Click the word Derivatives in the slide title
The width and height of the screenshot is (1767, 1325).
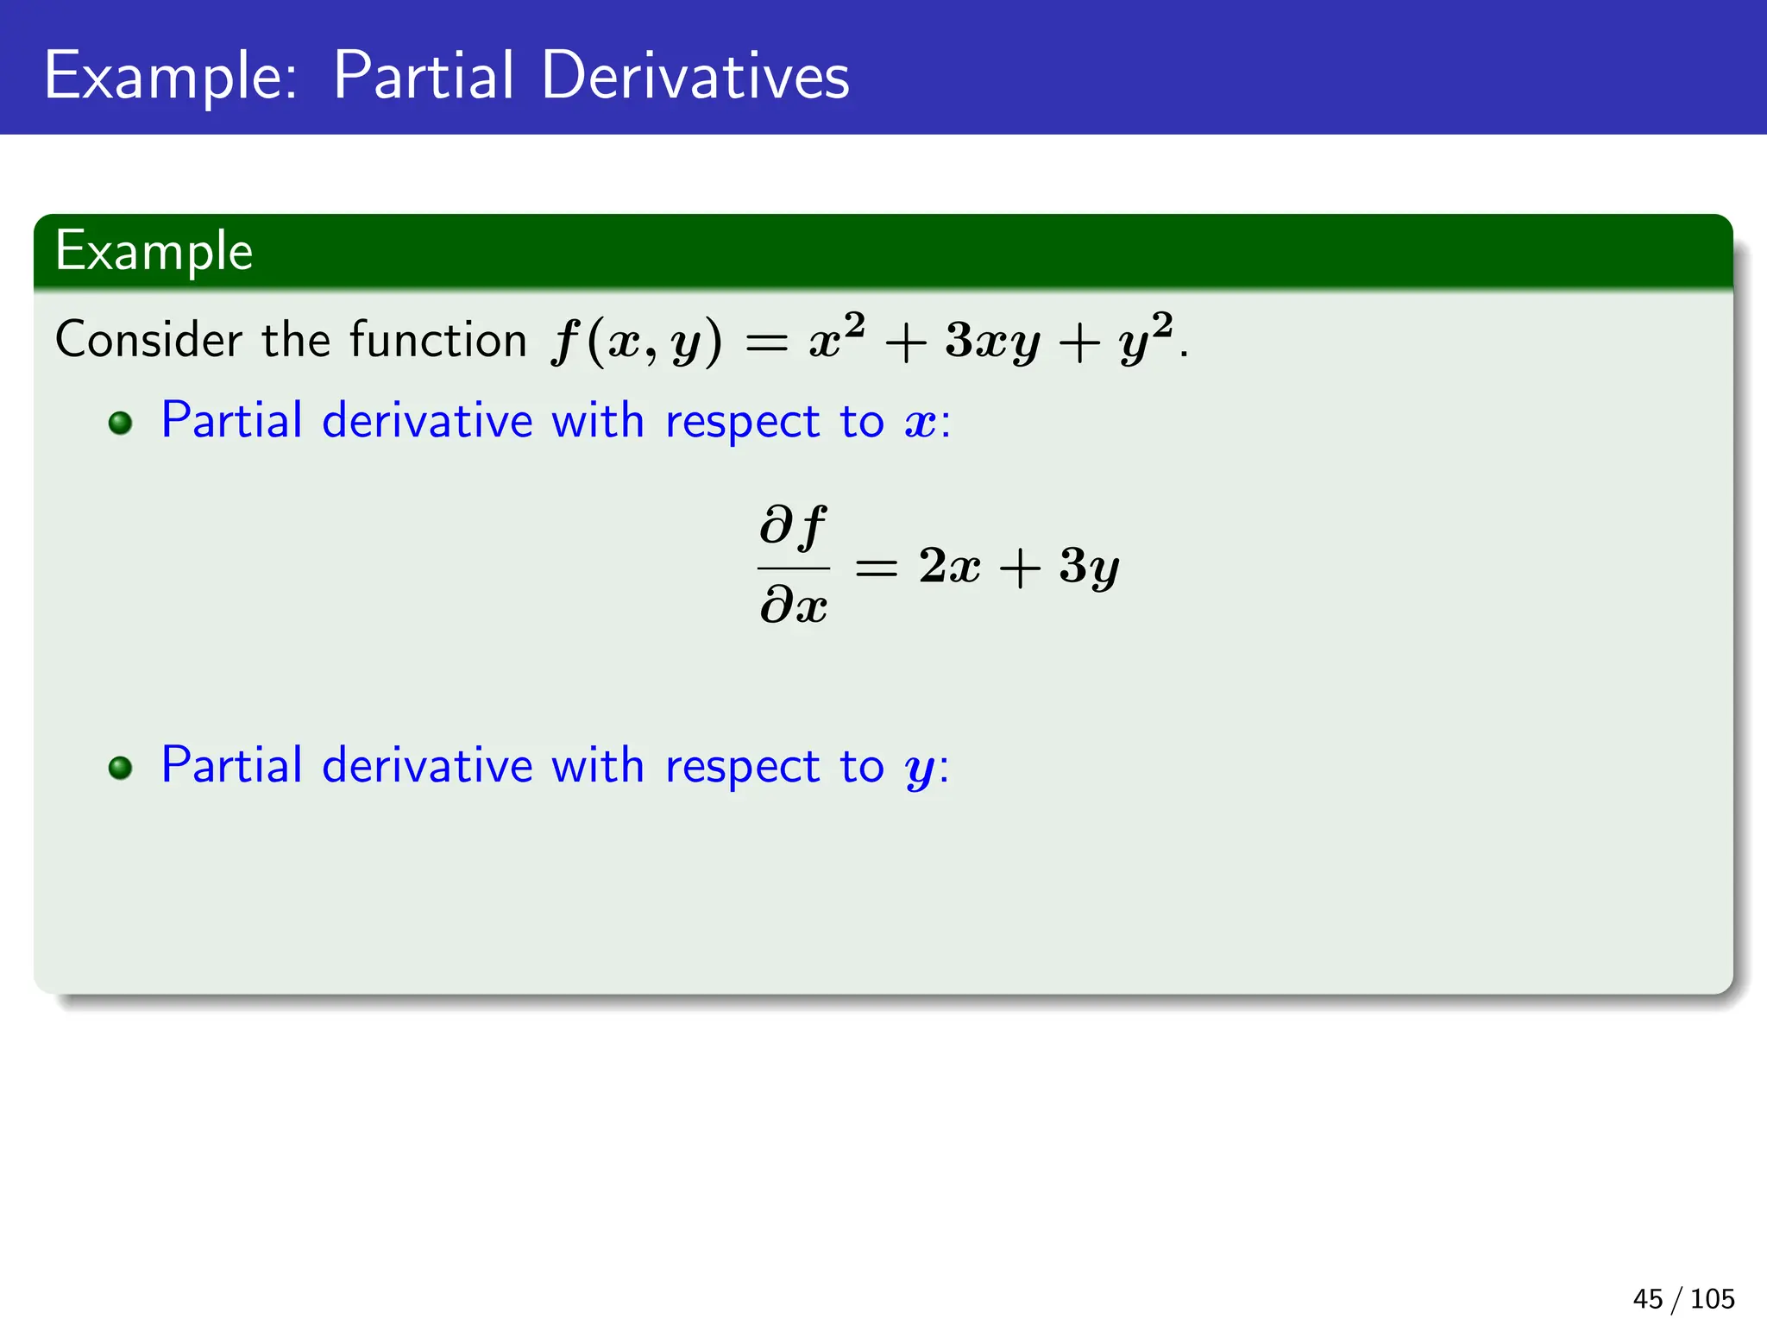[x=695, y=76]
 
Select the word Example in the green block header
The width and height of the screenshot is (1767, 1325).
[x=154, y=252]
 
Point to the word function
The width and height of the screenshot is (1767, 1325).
[x=438, y=339]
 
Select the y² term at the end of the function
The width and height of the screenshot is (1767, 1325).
[x=1146, y=338]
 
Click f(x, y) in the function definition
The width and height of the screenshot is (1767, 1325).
[x=637, y=342]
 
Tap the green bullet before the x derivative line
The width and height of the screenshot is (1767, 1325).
[x=121, y=423]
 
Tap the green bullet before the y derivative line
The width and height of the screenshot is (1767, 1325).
[x=121, y=768]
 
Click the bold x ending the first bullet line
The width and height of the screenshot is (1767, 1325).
[x=921, y=424]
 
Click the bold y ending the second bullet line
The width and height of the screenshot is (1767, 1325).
[x=921, y=769]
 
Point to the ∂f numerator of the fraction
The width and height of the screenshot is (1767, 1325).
[x=793, y=526]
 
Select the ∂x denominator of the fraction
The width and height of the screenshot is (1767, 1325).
[x=793, y=604]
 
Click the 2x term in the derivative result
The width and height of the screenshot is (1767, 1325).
[x=949, y=567]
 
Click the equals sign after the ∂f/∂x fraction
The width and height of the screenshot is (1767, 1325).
[x=876, y=568]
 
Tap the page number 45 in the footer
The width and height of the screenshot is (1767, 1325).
[x=1647, y=1298]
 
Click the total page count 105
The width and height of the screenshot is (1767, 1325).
[x=1712, y=1298]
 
